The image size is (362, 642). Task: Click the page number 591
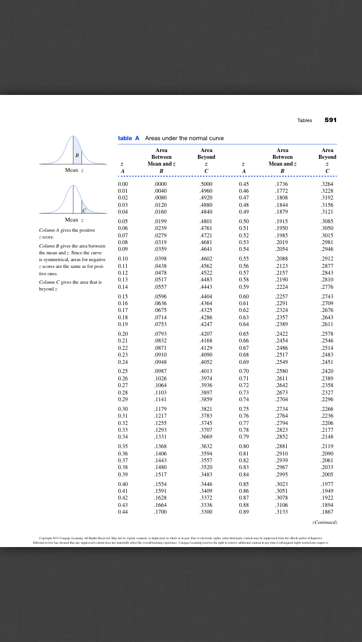click(x=330, y=120)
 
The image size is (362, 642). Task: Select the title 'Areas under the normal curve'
click(x=184, y=138)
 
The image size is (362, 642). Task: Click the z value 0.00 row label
click(x=123, y=184)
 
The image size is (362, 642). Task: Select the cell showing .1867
click(x=327, y=512)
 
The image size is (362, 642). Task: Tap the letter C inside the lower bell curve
click(x=83, y=210)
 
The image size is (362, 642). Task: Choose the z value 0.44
click(x=123, y=512)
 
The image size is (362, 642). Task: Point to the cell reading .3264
click(x=327, y=184)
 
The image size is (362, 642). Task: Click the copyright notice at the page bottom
click(x=180, y=539)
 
